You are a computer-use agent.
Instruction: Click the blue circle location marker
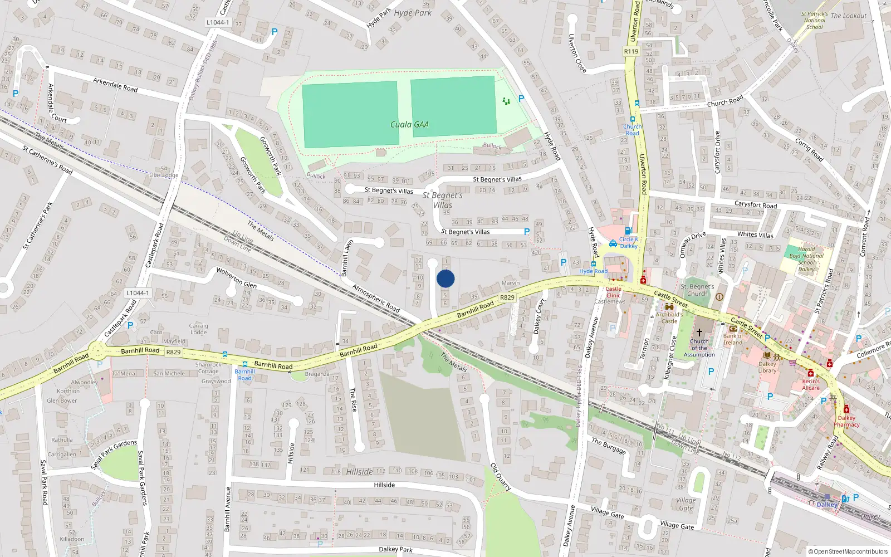(445, 278)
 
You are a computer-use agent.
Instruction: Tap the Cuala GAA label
(409, 125)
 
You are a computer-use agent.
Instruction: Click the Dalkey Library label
(767, 367)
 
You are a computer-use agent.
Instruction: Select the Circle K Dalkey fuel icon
(628, 231)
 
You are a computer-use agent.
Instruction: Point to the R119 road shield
(631, 51)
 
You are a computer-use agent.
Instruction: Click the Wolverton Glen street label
(236, 277)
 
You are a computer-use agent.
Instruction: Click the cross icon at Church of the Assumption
(699, 333)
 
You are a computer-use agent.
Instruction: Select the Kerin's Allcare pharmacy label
(811, 384)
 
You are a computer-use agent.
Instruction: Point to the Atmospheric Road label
(376, 298)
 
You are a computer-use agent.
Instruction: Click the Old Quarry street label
(501, 477)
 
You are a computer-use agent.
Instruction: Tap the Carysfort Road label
(755, 205)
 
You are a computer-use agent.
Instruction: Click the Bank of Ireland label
(733, 339)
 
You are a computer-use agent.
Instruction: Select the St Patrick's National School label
(814, 21)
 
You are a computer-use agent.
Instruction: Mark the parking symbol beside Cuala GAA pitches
(521, 99)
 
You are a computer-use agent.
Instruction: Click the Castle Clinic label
(613, 292)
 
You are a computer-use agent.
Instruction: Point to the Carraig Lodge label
(198, 329)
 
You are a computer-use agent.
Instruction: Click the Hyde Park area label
(413, 13)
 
